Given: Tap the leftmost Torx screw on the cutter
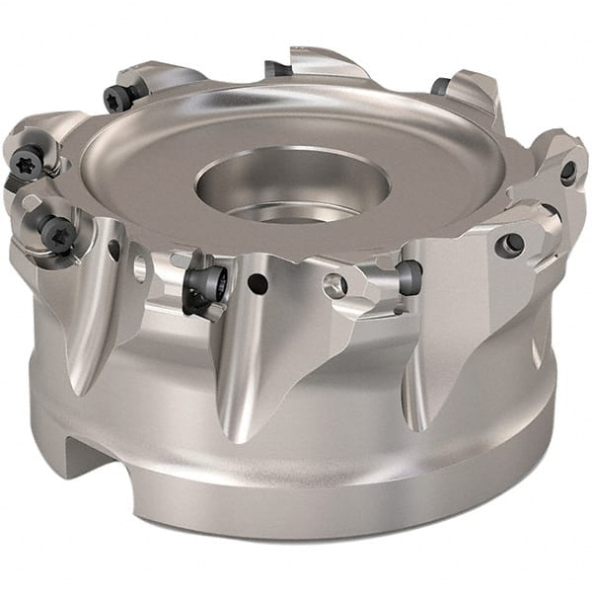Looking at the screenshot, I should click(28, 161).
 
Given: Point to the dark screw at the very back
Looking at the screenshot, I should click(277, 69).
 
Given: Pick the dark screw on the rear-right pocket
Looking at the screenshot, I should click(441, 86).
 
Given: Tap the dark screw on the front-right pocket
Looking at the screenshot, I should click(408, 275).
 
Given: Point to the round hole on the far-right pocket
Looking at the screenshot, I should click(568, 173).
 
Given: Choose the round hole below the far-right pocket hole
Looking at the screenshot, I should click(513, 243).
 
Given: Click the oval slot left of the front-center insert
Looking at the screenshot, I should click(139, 266).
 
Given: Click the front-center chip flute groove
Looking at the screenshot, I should click(237, 365).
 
